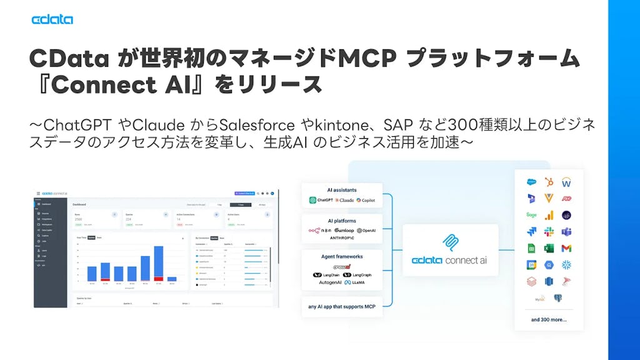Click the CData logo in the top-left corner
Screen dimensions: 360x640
coord(52,19)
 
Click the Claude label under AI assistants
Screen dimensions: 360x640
coord(344,200)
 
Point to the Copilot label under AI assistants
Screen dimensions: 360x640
coord(366,200)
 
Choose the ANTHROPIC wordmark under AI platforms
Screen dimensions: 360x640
coord(342,238)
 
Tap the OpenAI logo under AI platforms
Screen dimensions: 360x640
coord(366,231)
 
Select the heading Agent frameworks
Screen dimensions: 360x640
coord(342,256)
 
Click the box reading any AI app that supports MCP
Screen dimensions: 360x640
coord(342,306)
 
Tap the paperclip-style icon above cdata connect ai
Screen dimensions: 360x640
coord(450,242)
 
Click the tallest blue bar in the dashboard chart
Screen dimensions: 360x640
coord(159,263)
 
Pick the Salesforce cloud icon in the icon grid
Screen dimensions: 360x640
coord(531,182)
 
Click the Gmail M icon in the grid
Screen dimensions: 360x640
coord(566,248)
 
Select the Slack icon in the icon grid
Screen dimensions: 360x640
coord(549,232)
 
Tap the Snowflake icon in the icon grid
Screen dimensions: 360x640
coord(566,264)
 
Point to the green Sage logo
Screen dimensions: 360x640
coord(531,215)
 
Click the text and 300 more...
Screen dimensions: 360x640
coord(549,319)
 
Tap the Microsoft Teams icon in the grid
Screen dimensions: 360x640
coord(566,232)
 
